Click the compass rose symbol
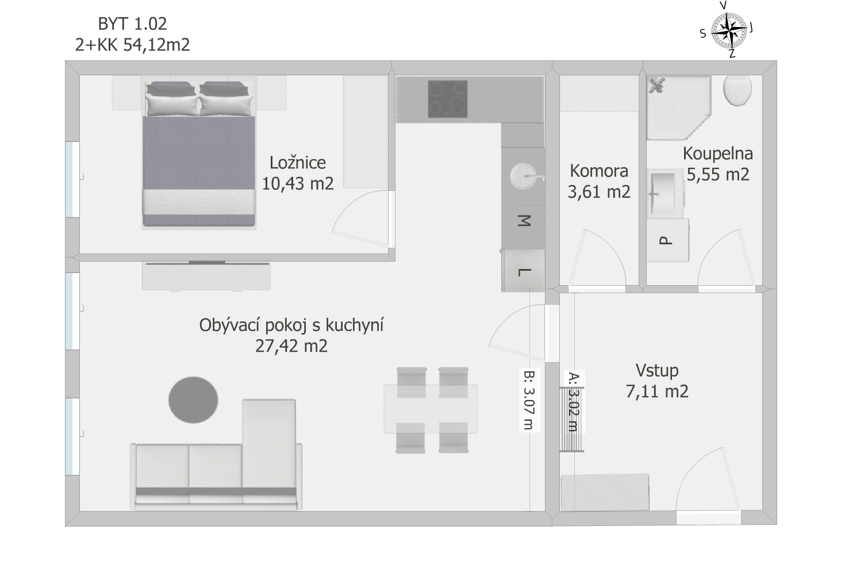coord(729,30)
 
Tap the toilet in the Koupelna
coord(738,90)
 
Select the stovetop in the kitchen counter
coord(448,99)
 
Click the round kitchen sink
coord(524,175)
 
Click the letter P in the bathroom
coord(666,240)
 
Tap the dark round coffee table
coord(193,400)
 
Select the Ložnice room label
coord(298,163)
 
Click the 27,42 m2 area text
coord(291,346)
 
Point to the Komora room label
coord(599,171)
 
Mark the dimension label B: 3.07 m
coord(529,400)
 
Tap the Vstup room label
coord(657,370)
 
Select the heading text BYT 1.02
coord(132,24)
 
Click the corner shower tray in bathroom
coord(679,107)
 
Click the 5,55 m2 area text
coord(718,175)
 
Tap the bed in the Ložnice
coord(199,153)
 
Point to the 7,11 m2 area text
coord(657,391)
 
